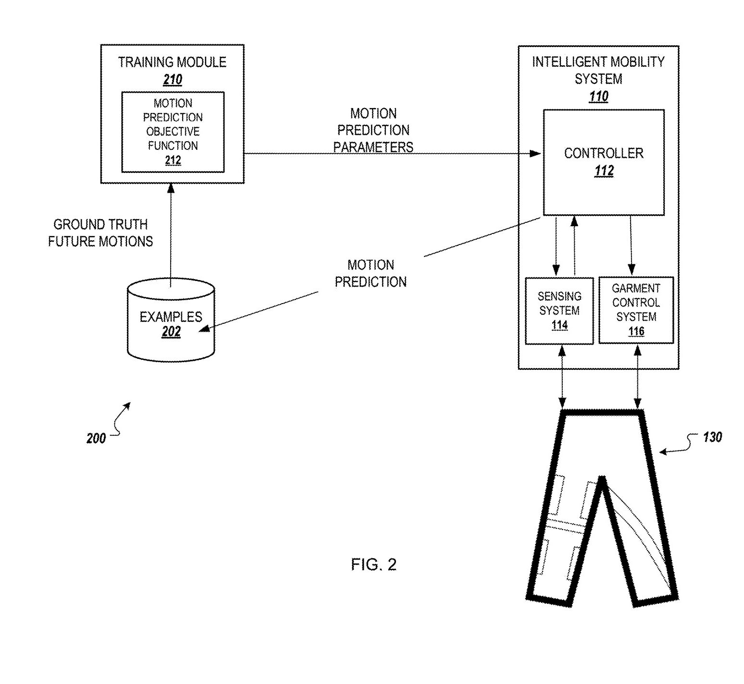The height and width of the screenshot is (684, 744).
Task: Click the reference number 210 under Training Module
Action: pyautogui.click(x=173, y=79)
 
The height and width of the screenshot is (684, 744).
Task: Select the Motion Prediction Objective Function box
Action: pyautogui.click(x=173, y=131)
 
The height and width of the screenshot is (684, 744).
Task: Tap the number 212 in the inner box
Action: pyautogui.click(x=173, y=160)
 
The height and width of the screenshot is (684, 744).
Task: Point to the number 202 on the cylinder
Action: pyautogui.click(x=171, y=331)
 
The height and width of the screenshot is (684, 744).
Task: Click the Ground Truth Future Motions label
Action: pyautogui.click(x=100, y=233)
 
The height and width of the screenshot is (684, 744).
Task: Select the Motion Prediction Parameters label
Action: pyautogui.click(x=373, y=130)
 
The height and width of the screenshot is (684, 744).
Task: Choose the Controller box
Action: pyautogui.click(x=604, y=162)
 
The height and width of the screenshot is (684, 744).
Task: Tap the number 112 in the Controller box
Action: pyautogui.click(x=604, y=171)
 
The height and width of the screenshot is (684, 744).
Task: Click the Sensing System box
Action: pyautogui.click(x=559, y=310)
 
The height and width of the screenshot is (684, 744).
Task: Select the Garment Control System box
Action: pyautogui.click(x=636, y=310)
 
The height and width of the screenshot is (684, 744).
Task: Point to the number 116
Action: pyautogui.click(x=636, y=331)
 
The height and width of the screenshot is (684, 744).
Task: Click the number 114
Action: pyautogui.click(x=559, y=325)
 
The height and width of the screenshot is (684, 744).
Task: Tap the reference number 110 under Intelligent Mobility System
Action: pyautogui.click(x=598, y=97)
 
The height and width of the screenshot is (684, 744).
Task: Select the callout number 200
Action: pyautogui.click(x=96, y=438)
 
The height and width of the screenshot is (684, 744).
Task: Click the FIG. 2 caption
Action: pyautogui.click(x=373, y=564)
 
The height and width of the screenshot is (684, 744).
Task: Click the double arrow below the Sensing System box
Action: pyautogui.click(x=562, y=378)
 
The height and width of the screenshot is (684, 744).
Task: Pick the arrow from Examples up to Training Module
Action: pyautogui.click(x=171, y=235)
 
